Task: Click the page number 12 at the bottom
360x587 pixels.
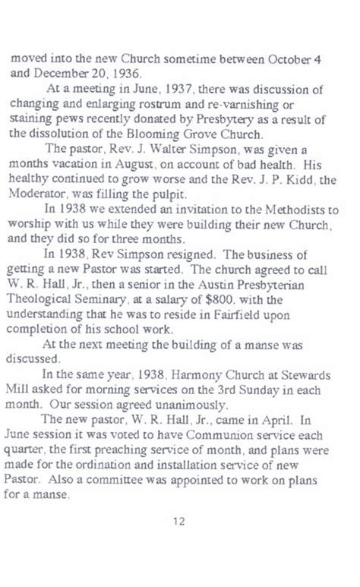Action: pos(180,521)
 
